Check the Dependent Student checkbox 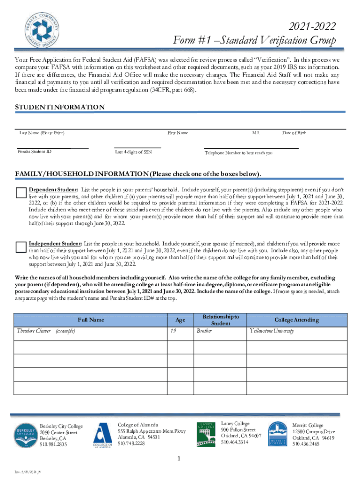pyautogui.click(x=21, y=193)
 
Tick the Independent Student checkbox pyautogui.click(x=21, y=247)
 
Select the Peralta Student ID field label pyautogui.click(x=35, y=152)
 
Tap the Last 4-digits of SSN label pyautogui.click(x=133, y=152)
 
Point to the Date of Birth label pyautogui.click(x=295, y=133)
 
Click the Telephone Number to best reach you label pyautogui.click(x=238, y=153)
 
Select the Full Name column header pyautogui.click(x=91, y=320)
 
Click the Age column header pyautogui.click(x=180, y=320)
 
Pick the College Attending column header pyautogui.click(x=296, y=320)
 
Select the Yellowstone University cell pyautogui.click(x=272, y=331)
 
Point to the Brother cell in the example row pyautogui.click(x=204, y=331)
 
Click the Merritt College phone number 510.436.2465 pyautogui.click(x=306, y=444)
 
